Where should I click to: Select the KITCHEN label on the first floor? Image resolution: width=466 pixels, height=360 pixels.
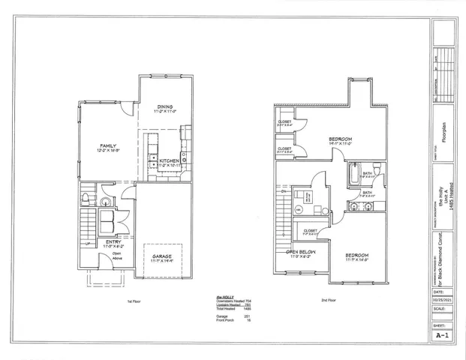coord(169,160)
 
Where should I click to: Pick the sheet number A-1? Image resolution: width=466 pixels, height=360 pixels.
coord(443,337)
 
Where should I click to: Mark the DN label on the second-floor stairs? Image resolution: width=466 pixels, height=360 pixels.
coord(284,192)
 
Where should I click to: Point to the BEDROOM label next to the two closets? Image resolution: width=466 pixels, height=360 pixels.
coord(340,139)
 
